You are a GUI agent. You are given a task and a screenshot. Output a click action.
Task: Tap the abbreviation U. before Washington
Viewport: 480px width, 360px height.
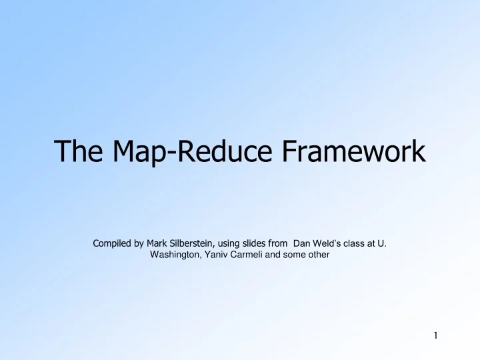(x=382, y=243)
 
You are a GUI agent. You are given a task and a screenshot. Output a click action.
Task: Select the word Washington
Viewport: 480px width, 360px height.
(x=176, y=254)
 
